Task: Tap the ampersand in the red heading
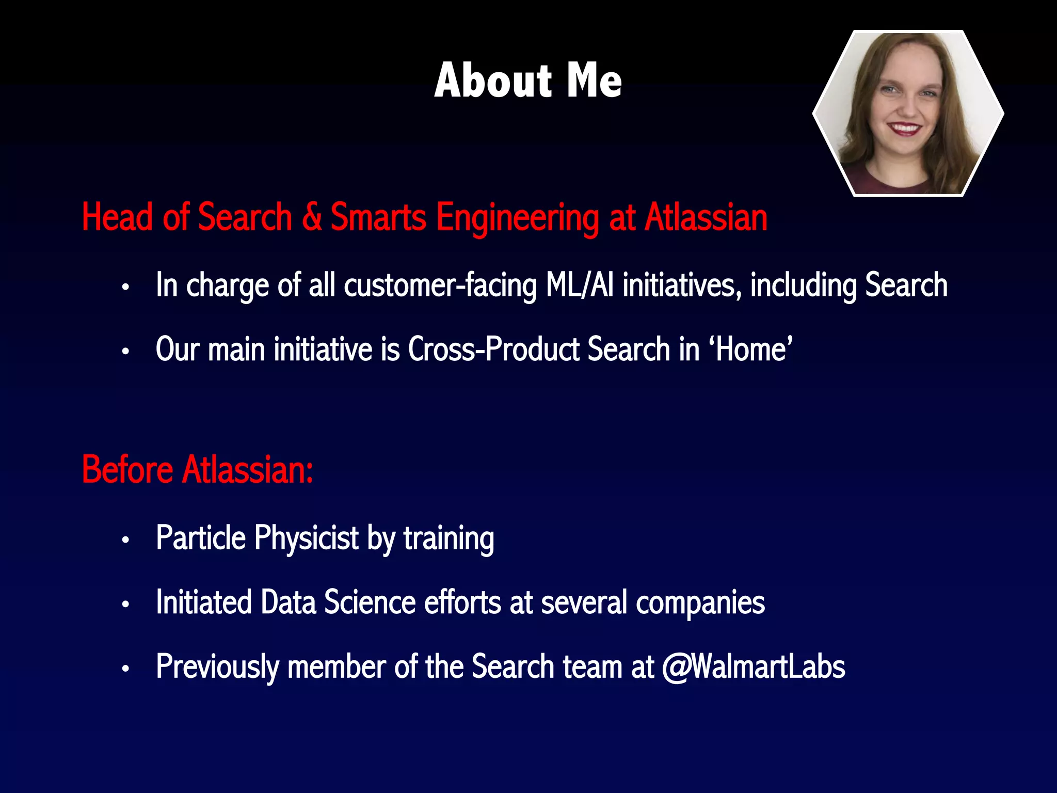pyautogui.click(x=312, y=217)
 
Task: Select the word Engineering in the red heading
pyautogui.click(x=518, y=218)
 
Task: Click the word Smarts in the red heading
pyautogui.click(x=378, y=217)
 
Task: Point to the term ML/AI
pyautogui.click(x=580, y=285)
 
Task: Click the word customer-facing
pyautogui.click(x=440, y=286)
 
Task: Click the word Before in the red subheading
pyautogui.click(x=127, y=470)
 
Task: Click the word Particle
pyautogui.click(x=201, y=538)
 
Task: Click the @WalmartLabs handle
pyautogui.click(x=754, y=667)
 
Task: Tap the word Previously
pyautogui.click(x=217, y=667)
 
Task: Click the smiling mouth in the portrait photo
pyautogui.click(x=904, y=128)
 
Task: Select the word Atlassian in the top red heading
pyautogui.click(x=706, y=217)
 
